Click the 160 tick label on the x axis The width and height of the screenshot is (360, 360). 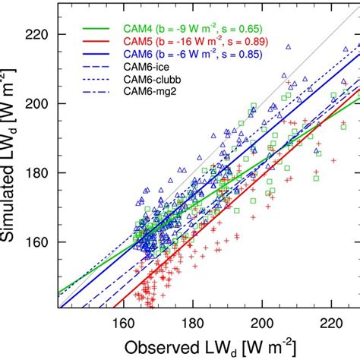tap(125, 322)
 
